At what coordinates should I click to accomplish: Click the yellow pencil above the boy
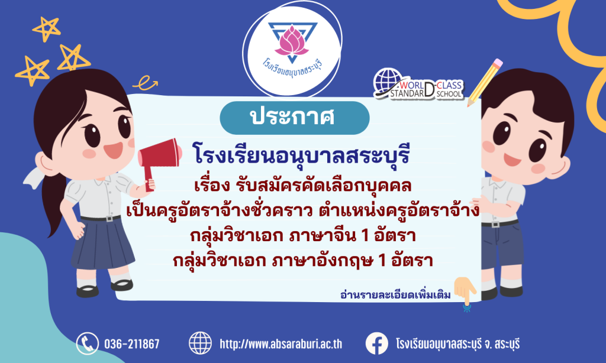485,82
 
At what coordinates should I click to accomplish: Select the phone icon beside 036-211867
88,343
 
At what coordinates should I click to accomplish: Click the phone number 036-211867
132,343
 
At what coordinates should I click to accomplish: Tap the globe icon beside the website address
200,343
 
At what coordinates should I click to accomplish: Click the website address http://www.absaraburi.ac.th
281,343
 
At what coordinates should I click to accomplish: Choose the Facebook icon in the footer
377,343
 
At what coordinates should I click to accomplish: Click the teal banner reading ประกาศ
295,118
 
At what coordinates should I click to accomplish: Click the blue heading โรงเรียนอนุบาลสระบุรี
301,155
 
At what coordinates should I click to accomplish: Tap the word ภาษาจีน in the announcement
323,235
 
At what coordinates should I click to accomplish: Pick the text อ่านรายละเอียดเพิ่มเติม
395,295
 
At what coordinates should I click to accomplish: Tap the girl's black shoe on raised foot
122,285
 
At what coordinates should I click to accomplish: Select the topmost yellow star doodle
47,28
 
